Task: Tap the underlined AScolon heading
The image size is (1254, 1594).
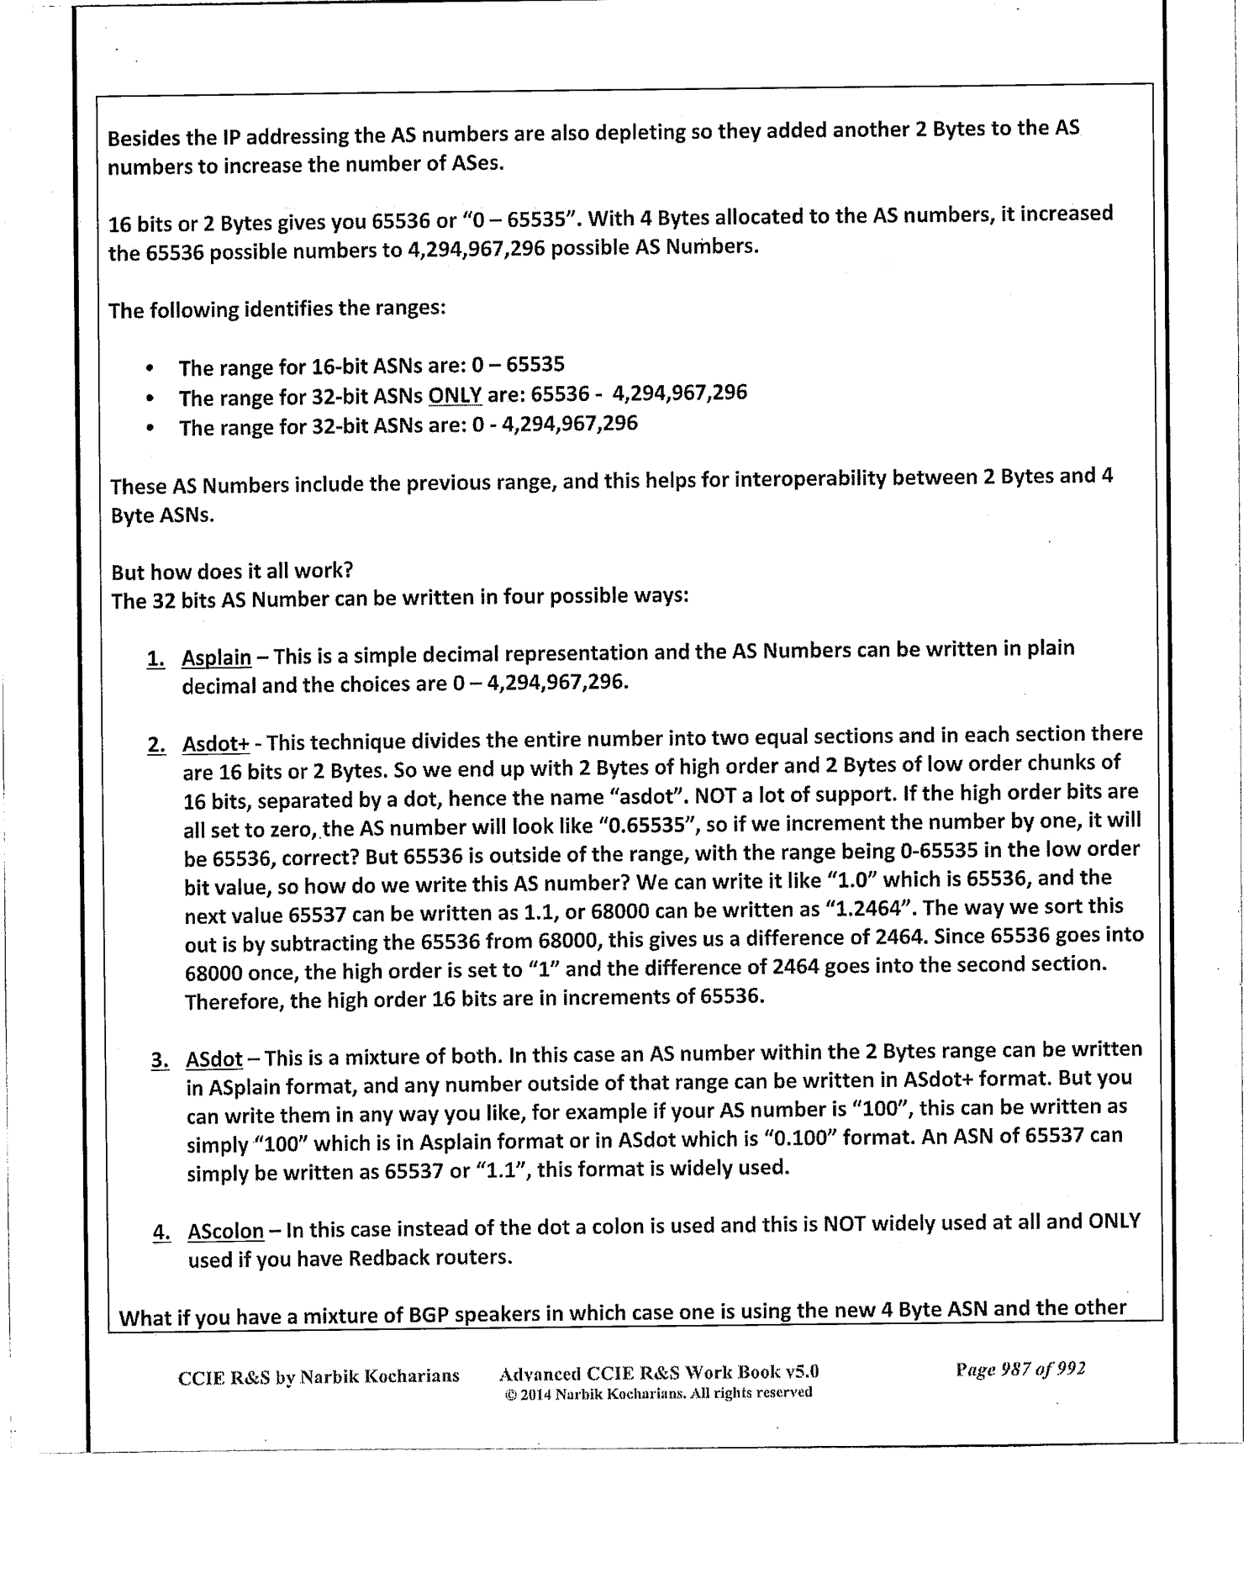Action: pos(225,1232)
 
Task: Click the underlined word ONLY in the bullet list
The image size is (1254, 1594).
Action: pos(455,396)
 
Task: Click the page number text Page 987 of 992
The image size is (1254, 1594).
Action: pos(1020,1369)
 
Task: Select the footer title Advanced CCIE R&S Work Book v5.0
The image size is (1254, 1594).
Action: pos(658,1374)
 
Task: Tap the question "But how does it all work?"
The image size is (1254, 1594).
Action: pos(232,572)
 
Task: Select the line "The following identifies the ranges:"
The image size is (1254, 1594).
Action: pos(277,309)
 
